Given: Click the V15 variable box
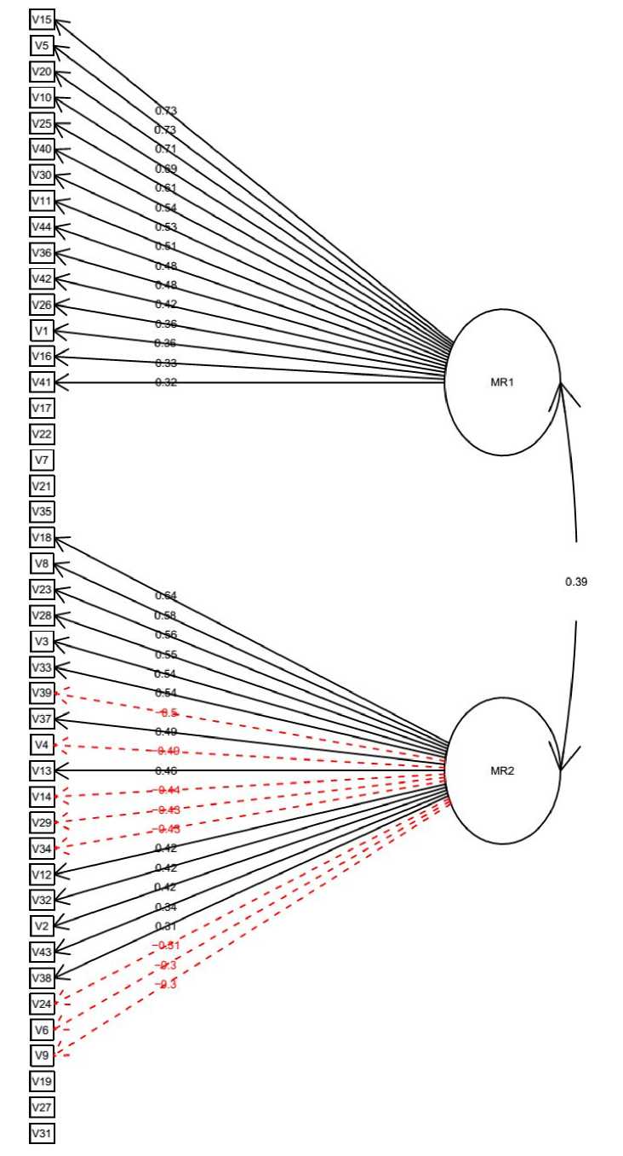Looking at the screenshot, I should (42, 20).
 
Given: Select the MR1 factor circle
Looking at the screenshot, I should (502, 382).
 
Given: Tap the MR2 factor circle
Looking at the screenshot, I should (502, 771).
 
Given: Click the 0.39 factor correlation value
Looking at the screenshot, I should (576, 582).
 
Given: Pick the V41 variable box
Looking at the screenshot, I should (42, 382).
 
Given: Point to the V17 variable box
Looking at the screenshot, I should (42, 409).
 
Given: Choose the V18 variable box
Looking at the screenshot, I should (42, 538).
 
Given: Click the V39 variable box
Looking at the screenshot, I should (42, 694).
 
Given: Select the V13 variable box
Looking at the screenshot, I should (42, 771).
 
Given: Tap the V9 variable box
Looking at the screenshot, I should (42, 1056).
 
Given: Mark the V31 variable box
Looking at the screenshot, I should (42, 1134).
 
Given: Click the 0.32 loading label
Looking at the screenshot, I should (166, 383).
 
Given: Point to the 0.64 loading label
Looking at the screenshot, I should (166, 596).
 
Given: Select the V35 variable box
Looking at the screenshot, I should (42, 512).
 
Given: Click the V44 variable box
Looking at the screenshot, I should (42, 227).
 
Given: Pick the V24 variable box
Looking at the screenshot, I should (42, 1004).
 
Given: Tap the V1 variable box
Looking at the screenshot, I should (42, 331).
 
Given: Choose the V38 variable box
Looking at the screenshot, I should (42, 978).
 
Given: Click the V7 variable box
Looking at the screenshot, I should (42, 461).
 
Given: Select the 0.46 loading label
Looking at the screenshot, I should (166, 771).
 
